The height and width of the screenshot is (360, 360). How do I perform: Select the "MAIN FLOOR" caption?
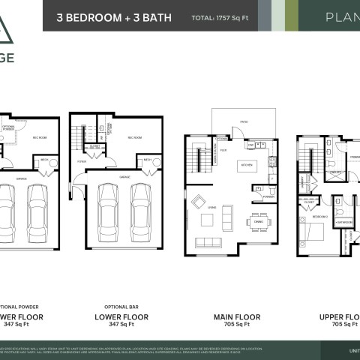coord(232,317)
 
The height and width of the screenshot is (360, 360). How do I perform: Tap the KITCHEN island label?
coord(246,164)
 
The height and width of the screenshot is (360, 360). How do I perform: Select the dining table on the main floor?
coord(256,221)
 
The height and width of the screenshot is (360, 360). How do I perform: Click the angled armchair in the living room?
coord(199,201)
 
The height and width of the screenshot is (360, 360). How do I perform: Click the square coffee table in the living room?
coord(206,220)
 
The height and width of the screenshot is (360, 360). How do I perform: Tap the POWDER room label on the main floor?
coord(268,197)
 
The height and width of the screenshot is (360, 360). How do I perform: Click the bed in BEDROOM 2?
coord(310,229)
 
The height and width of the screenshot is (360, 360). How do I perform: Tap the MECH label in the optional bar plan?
coord(148,160)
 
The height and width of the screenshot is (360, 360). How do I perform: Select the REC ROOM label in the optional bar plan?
coord(135,138)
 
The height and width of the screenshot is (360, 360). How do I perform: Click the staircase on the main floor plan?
coord(199,159)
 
